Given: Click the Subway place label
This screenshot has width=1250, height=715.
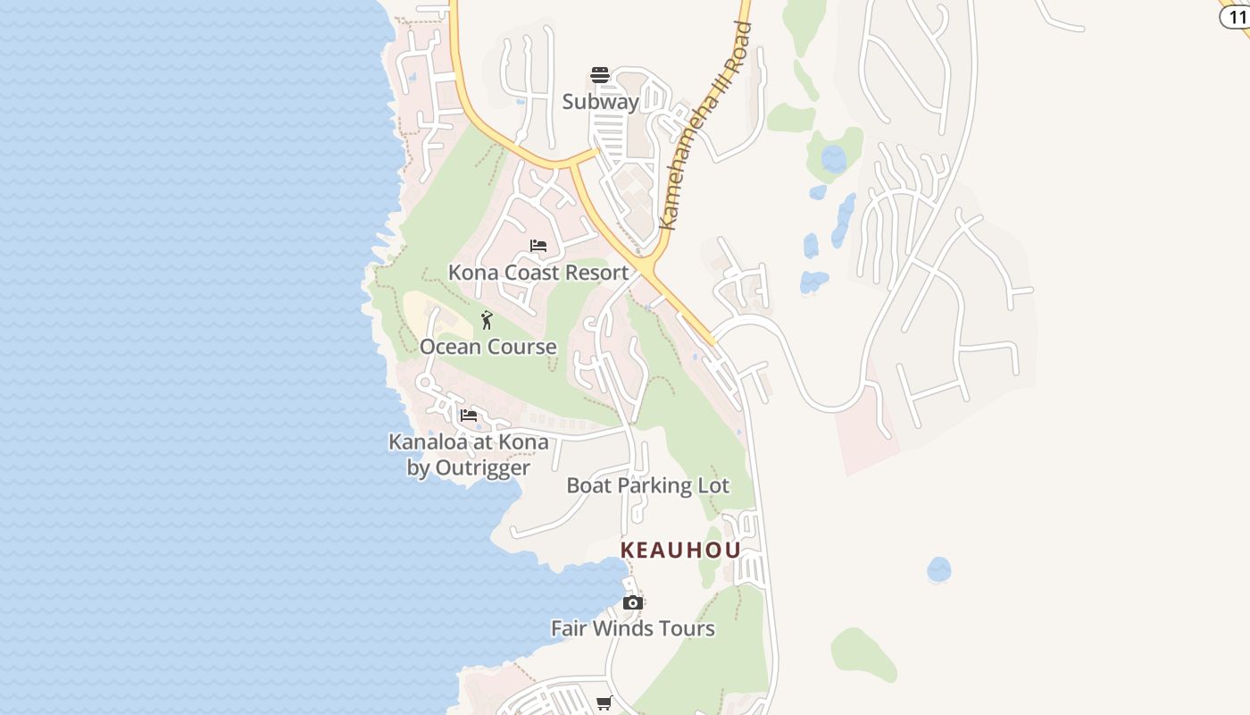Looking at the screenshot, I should [x=600, y=102].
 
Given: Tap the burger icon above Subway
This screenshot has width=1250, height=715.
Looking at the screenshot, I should [x=600, y=74].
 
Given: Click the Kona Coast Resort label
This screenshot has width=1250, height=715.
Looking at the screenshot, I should [x=538, y=273].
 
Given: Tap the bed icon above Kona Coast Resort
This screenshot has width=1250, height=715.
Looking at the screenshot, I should [x=538, y=246].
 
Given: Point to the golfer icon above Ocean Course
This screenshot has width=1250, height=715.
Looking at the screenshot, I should [x=487, y=320].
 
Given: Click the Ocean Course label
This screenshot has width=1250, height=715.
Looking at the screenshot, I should [x=488, y=347].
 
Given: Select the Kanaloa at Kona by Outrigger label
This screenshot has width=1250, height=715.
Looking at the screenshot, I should [x=469, y=454].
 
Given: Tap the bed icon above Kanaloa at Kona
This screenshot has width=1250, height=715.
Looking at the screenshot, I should [x=469, y=415].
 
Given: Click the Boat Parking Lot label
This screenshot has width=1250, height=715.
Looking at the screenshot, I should [x=648, y=485].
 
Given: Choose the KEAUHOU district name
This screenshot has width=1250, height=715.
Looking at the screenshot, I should [x=680, y=550].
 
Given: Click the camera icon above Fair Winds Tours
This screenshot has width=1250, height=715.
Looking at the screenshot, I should [x=633, y=603].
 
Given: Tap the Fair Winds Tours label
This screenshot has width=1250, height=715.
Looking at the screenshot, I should [x=633, y=628].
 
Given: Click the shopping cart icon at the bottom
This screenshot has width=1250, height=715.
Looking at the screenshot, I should [x=604, y=703].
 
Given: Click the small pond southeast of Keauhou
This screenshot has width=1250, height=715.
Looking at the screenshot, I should [x=938, y=569].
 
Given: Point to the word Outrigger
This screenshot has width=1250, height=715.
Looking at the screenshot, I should [x=482, y=467].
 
